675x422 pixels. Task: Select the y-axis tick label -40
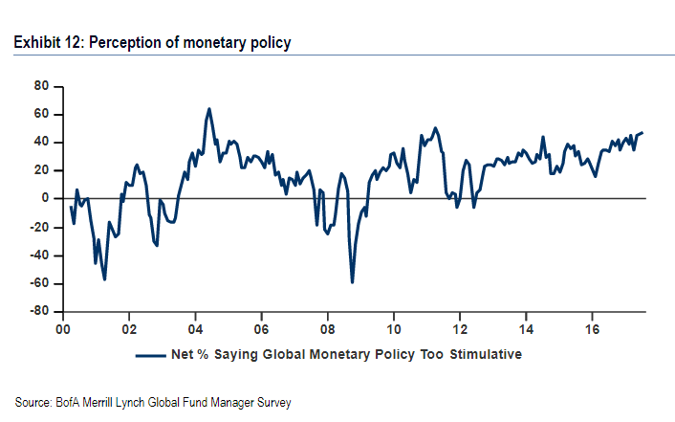pyautogui.click(x=38, y=255)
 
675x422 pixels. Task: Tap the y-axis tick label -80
pyautogui.click(x=38, y=312)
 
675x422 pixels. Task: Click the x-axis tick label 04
pyautogui.click(x=195, y=326)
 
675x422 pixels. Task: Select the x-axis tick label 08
pyautogui.click(x=327, y=326)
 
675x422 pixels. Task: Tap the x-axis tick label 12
pyautogui.click(x=460, y=326)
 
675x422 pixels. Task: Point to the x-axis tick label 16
pyautogui.click(x=592, y=326)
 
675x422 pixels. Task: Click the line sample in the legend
pyautogui.click(x=152, y=354)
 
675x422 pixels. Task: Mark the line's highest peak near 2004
pyautogui.click(x=209, y=109)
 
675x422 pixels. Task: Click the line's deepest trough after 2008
pyautogui.click(x=352, y=282)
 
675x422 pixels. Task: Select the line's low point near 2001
pyautogui.click(x=104, y=278)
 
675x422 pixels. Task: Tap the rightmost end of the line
pyautogui.click(x=642, y=133)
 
